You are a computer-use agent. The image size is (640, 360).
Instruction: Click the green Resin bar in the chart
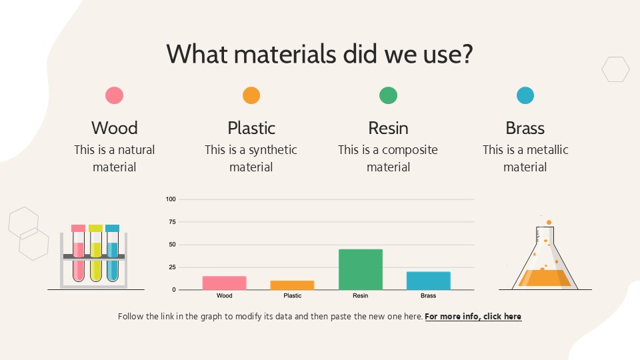tap(361, 269)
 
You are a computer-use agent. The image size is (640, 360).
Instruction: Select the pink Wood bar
tap(224, 283)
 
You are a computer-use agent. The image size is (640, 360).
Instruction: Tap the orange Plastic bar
tap(292, 285)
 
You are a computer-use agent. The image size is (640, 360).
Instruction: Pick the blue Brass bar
tap(428, 281)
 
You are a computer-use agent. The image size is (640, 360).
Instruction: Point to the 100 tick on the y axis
tap(171, 199)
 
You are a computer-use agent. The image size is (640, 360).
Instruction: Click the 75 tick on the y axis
tap(172, 222)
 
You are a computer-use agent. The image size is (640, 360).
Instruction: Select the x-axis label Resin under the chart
tap(360, 295)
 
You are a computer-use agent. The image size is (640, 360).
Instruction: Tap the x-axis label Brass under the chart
tap(428, 295)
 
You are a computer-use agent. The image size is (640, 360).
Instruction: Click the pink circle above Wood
tap(114, 95)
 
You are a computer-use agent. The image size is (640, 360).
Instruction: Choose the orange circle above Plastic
tap(251, 95)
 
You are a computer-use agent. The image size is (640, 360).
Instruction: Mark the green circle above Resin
tap(388, 95)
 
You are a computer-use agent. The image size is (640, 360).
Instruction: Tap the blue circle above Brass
tap(525, 95)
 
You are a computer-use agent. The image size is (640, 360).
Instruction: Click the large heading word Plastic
tap(251, 128)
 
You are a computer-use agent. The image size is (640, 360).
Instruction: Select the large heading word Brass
tap(525, 128)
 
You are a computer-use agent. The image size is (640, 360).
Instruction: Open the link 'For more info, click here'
tap(473, 317)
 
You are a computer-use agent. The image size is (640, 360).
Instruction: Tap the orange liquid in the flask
tap(545, 277)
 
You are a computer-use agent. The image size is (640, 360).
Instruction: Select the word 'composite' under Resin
tap(409, 150)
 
